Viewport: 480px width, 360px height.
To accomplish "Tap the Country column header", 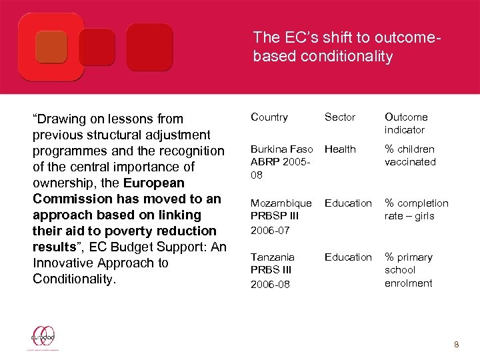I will point(269,117).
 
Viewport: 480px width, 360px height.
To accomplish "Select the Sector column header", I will point(340,117).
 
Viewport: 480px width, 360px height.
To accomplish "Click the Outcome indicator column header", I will point(406,123).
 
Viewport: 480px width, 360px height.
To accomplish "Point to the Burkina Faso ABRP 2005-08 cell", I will point(281,162).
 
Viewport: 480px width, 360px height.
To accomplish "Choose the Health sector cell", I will point(340,149).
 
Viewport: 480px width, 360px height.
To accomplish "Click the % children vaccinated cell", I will point(410,155).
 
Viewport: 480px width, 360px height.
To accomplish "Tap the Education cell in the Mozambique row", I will point(348,203).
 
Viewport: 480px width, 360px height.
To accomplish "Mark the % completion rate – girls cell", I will point(416,209).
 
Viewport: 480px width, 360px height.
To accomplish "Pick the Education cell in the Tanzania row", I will point(348,257).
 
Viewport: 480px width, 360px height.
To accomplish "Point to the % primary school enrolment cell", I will point(408,270).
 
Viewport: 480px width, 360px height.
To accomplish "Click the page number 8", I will point(457,345).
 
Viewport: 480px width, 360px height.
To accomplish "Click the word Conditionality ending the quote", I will point(74,279).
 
